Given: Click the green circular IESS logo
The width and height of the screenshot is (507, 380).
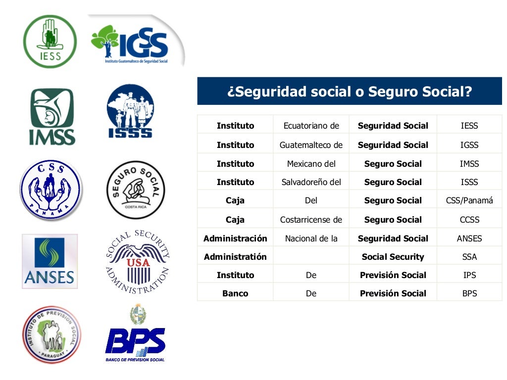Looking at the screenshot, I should tap(50, 41).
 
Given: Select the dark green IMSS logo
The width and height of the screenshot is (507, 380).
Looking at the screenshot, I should tap(51, 117).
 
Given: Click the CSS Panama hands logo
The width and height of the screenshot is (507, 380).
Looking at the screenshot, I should tap(51, 190).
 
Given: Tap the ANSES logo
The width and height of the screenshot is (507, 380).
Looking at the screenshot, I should tap(50, 261).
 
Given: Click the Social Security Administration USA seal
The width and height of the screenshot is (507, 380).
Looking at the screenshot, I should tap(137, 262).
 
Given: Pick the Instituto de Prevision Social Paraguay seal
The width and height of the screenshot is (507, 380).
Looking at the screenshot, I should tap(51, 335).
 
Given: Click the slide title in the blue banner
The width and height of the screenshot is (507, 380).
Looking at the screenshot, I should tap(349, 92).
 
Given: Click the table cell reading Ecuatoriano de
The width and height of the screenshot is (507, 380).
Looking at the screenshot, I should tap(311, 126).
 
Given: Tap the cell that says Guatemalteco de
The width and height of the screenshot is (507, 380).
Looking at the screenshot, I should tap(311, 145).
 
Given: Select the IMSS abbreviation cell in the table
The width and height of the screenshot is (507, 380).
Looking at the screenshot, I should tap(469, 164).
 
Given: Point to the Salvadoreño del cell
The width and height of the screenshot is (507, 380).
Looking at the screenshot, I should tap(311, 182).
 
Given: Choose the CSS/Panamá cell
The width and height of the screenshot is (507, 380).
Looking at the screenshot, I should tap(469, 200).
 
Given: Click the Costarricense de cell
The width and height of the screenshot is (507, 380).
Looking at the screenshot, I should tap(311, 220).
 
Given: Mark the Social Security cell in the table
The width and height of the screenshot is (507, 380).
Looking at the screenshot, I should tap(393, 257).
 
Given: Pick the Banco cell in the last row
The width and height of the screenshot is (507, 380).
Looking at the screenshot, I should tap(235, 293).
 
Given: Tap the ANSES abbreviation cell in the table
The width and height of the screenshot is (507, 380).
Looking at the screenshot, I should tap(469, 238).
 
